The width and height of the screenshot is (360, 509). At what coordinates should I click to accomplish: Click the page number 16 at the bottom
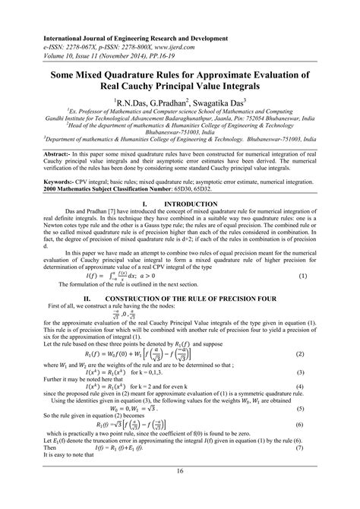180,492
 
